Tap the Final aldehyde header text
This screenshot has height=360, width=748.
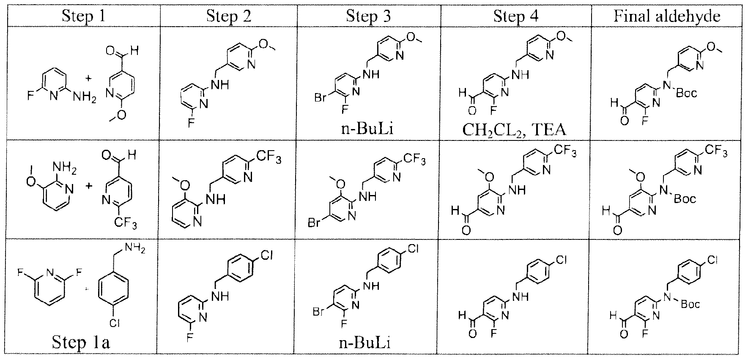click(x=667, y=16)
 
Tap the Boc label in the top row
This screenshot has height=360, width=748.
click(x=686, y=93)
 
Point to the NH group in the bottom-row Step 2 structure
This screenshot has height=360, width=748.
click(x=221, y=296)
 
